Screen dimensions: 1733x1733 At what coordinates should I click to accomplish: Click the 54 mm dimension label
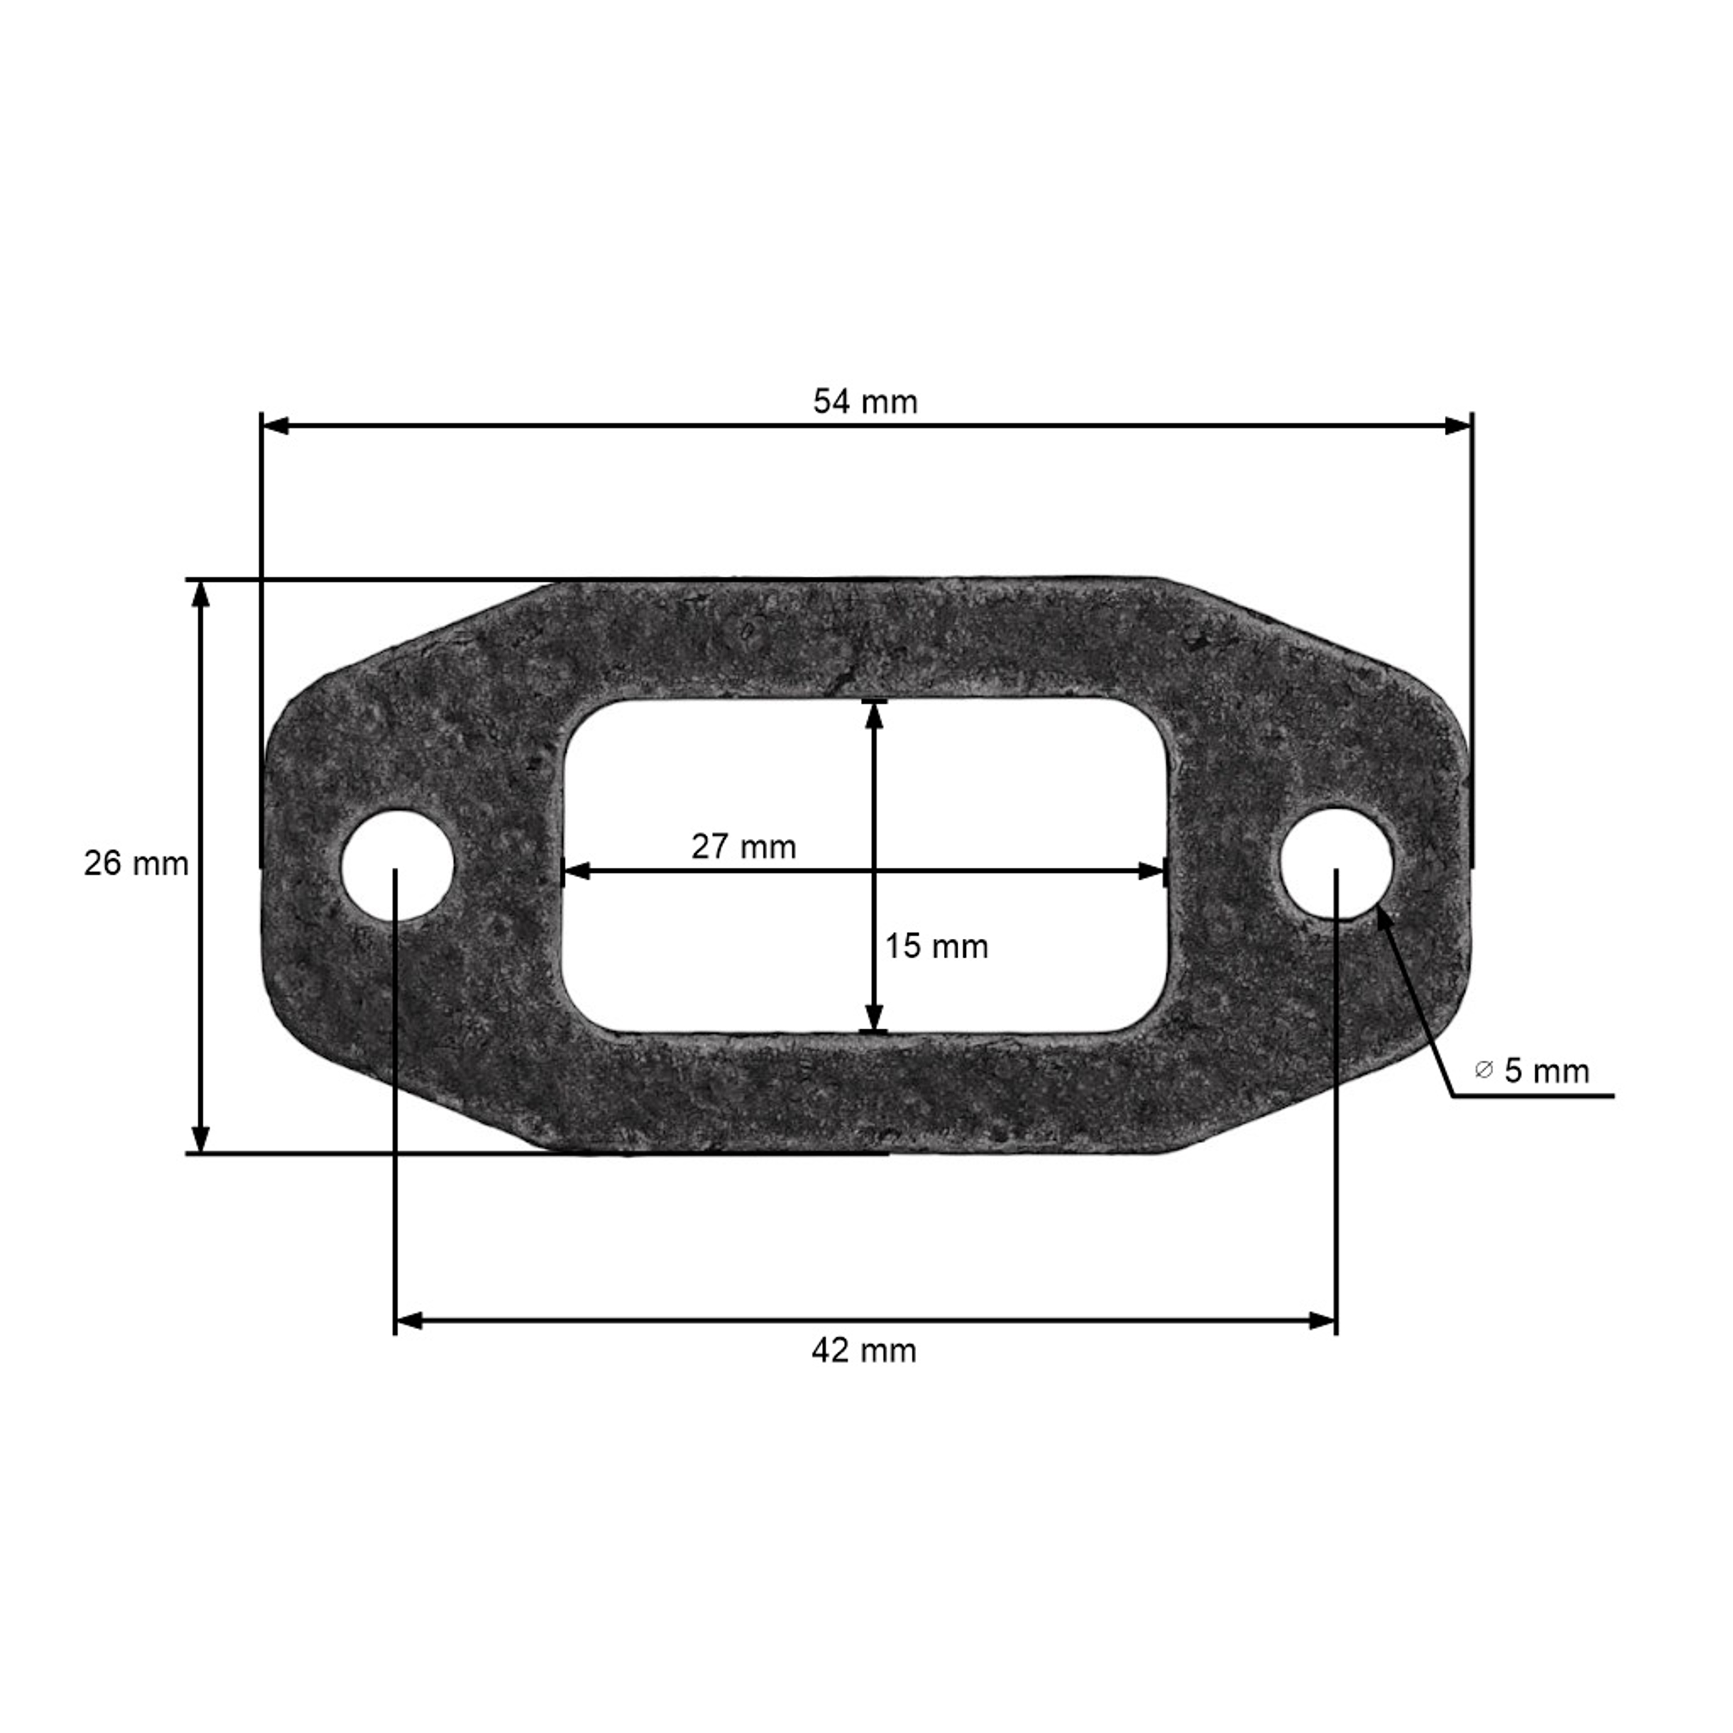[865, 402]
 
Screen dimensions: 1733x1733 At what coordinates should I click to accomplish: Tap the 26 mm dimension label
[136, 864]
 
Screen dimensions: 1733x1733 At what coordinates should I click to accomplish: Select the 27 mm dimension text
[743, 847]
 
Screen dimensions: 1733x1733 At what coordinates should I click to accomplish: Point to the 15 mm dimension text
[936, 946]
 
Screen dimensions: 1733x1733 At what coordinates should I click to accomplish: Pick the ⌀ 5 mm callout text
[1532, 1071]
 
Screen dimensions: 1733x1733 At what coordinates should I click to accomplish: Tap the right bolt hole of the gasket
[1337, 864]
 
